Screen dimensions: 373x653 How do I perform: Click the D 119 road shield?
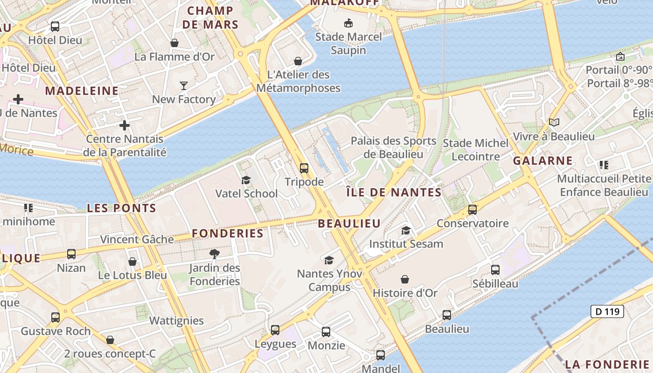tap(607, 311)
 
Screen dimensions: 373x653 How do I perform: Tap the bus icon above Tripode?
tap(304, 168)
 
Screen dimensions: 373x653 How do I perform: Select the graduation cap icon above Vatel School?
tap(246, 180)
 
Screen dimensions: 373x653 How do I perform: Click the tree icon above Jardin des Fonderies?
tap(215, 254)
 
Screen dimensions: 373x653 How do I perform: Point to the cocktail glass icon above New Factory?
tap(184, 85)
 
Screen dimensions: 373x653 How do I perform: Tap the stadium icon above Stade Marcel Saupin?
tap(348, 23)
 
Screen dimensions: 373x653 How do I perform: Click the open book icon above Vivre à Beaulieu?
tap(554, 123)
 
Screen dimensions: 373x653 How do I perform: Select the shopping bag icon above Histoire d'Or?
tap(405, 280)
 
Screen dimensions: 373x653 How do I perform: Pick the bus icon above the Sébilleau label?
tap(495, 270)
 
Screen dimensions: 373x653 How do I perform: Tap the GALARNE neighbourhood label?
tap(543, 161)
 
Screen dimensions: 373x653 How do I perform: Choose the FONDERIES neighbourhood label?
tap(228, 233)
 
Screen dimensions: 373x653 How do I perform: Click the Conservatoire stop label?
tap(472, 223)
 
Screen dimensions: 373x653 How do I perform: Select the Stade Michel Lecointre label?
tap(476, 150)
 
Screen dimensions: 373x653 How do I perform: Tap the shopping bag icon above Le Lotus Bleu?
tap(132, 262)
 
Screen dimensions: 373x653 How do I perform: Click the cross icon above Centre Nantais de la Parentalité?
tap(125, 125)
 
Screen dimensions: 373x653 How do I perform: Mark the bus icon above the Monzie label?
tap(326, 332)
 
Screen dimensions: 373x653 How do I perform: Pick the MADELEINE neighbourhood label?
tap(82, 91)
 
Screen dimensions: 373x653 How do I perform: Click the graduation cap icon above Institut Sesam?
tap(406, 230)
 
